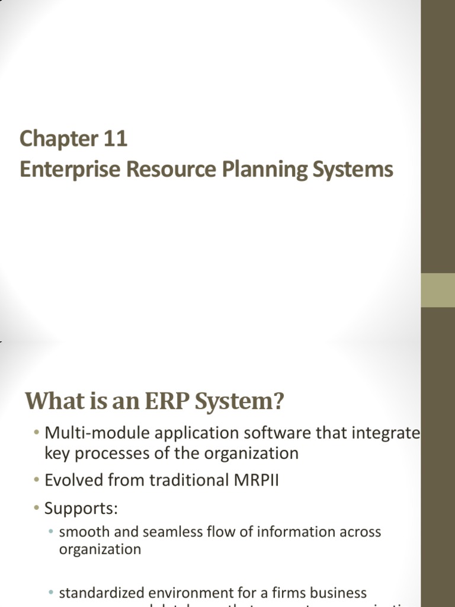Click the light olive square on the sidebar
(x=438, y=290)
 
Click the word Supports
(x=80, y=509)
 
